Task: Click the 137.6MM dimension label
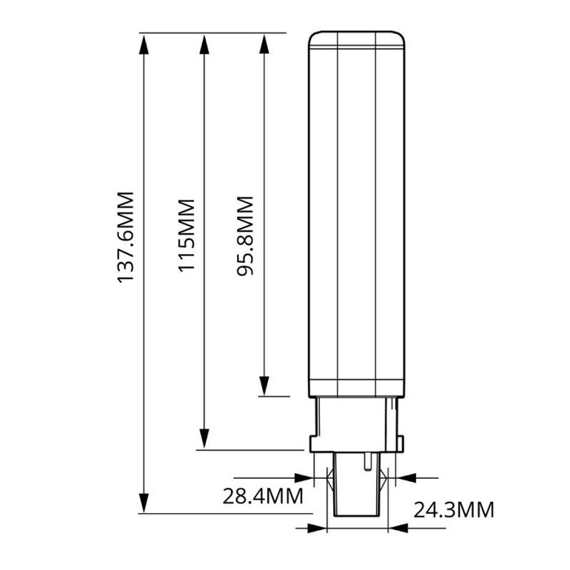tap(125, 237)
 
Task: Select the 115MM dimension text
tap(186, 235)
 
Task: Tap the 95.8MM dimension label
tap(245, 236)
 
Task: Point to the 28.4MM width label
tap(263, 496)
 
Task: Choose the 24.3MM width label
tap(454, 510)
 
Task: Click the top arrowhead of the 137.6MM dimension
tap(144, 45)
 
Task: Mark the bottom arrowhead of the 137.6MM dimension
tap(144, 502)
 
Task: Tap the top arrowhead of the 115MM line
tap(204, 45)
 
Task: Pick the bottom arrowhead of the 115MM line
tap(204, 439)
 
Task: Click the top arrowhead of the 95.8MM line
tap(265, 45)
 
